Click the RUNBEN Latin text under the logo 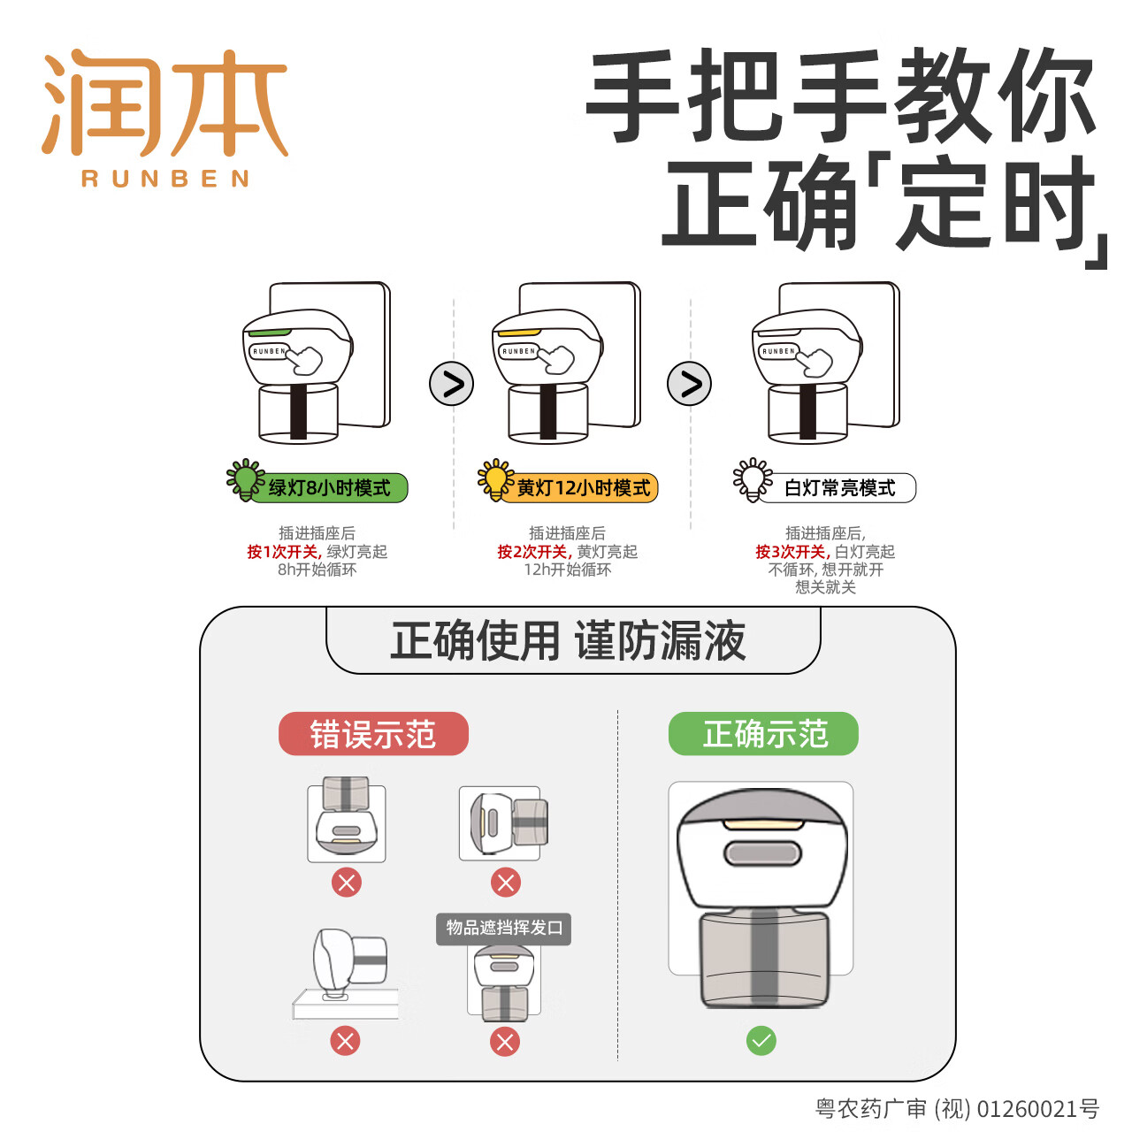coord(165,179)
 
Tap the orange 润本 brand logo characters coord(165,102)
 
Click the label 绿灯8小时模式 coord(329,488)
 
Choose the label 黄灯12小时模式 coord(583,488)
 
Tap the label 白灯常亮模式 coord(839,488)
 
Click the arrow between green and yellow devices coord(452,384)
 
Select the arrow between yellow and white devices coord(689,384)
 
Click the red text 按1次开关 coord(282,552)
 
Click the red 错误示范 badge coord(373,734)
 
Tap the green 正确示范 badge coord(763,734)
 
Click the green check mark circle coord(761,1041)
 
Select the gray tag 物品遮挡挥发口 coord(504,929)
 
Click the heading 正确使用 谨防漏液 coord(569,641)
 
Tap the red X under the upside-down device coord(347,883)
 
